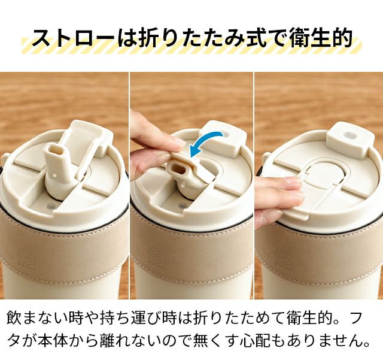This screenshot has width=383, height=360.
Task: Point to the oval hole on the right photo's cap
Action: (349, 135)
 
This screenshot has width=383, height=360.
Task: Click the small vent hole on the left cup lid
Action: (51, 205)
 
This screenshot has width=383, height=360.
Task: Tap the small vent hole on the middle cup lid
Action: (183, 205)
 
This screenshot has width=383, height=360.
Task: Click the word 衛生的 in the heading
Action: (321, 38)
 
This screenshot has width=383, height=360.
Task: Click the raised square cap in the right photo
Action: (349, 140)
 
